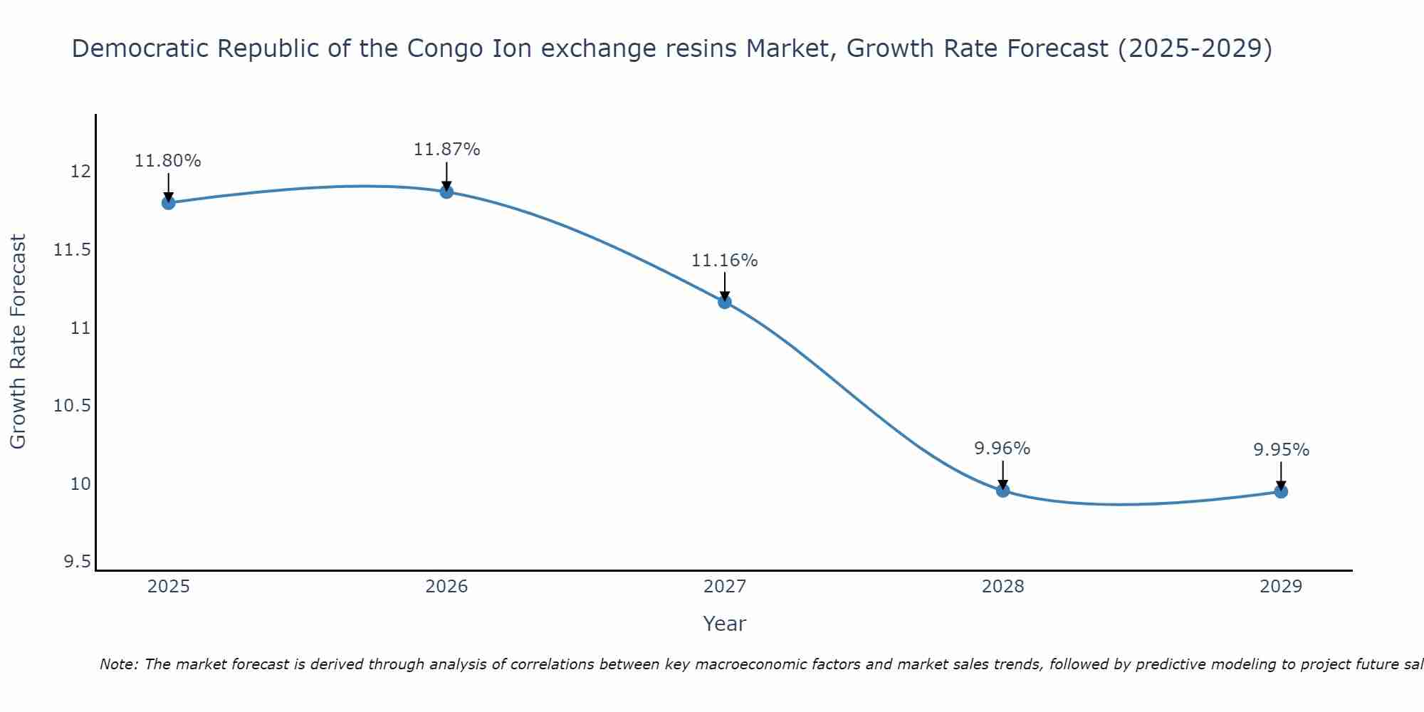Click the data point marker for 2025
(x=168, y=203)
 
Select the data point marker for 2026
(x=446, y=192)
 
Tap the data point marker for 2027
(x=725, y=302)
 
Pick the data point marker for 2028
(x=1002, y=490)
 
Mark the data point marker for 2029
(x=1281, y=491)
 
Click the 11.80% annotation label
(x=168, y=161)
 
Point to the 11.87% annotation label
(x=446, y=150)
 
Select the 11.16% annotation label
(x=725, y=261)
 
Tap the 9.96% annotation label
(x=1002, y=449)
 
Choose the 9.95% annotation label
(x=1281, y=450)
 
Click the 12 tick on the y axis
(x=80, y=172)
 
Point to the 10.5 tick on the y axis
(x=73, y=406)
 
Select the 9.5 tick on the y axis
(x=78, y=562)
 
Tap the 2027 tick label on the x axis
(x=725, y=587)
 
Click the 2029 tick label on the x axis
(x=1281, y=587)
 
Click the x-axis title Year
(x=725, y=624)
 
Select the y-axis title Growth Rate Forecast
(x=18, y=342)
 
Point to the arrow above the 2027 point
(x=725, y=285)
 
